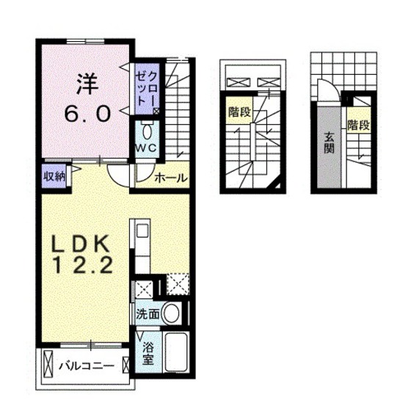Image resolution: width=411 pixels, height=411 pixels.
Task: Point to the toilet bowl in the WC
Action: [146, 132]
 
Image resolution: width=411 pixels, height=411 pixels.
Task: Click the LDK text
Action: [82, 244]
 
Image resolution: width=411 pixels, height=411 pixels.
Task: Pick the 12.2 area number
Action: [82, 269]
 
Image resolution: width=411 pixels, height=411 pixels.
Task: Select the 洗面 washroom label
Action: [147, 313]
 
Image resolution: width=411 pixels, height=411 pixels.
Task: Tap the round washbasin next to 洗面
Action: [172, 313]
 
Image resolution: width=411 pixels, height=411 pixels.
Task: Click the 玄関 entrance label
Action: [328, 144]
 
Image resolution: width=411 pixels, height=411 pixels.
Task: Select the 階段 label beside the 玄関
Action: [357, 125]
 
